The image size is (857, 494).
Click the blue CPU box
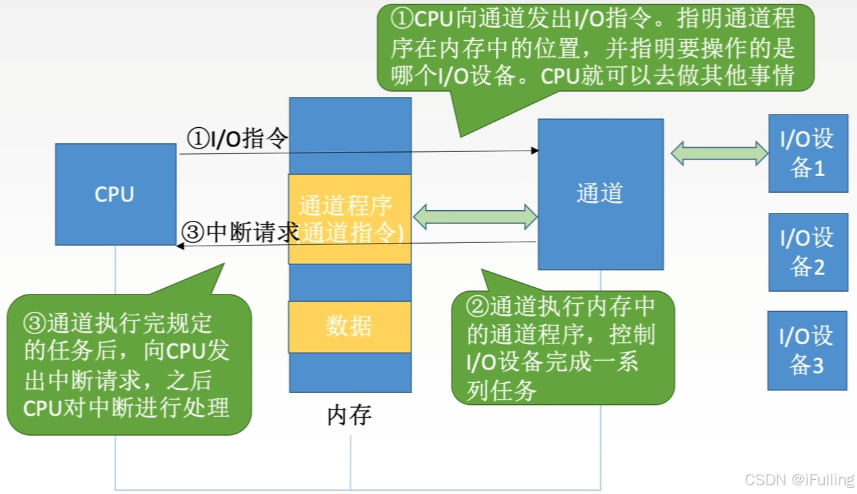point(116,194)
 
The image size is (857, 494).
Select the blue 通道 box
point(600,194)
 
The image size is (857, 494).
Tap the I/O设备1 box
point(807,153)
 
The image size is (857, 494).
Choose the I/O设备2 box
point(807,252)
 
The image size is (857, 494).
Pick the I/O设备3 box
point(807,350)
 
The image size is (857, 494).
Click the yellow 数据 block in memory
point(349,327)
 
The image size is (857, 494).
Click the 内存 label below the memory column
point(349,416)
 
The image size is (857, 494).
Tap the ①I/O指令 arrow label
point(237,139)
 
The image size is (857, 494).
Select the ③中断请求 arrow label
point(240,233)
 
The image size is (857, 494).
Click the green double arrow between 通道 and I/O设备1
point(719,153)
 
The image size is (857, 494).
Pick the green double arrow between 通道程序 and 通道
point(475,216)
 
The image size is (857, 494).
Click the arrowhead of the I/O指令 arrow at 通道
point(535,151)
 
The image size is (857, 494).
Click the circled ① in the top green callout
point(402,19)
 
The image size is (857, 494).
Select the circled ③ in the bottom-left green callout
point(34,324)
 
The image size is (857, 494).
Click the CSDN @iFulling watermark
point(799,479)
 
